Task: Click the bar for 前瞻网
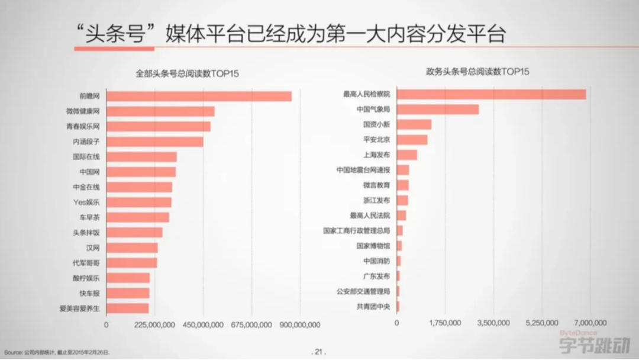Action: (199, 96)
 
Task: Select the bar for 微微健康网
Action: (160, 111)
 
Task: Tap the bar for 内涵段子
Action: (154, 142)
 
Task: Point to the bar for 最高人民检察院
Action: (491, 94)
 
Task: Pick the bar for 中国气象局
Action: (437, 110)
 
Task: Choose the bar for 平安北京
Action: (412, 140)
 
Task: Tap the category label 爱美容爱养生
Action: (79, 308)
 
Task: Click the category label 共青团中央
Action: (373, 307)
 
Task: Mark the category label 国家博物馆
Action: (373, 246)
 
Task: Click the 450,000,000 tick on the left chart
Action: (203, 324)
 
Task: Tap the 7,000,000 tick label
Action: (590, 323)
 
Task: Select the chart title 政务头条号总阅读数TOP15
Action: (478, 72)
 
